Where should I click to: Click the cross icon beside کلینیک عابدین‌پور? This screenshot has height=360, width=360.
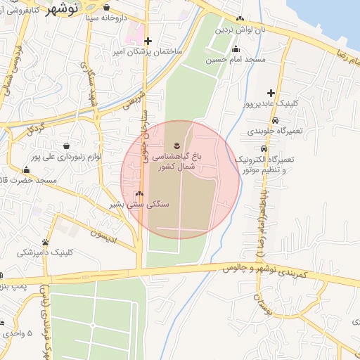point(271,92)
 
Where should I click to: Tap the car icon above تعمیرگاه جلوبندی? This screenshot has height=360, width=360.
point(263,120)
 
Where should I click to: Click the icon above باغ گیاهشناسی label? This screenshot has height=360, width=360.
point(188,138)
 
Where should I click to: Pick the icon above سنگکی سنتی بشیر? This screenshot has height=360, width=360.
point(139,193)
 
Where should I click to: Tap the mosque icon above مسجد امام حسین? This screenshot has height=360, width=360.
point(236,49)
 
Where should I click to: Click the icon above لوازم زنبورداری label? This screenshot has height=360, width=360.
point(66,136)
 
